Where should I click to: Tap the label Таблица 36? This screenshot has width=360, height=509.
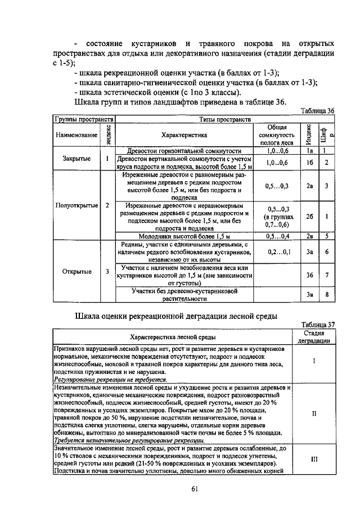tap(317, 111)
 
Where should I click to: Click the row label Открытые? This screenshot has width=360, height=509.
tap(77, 272)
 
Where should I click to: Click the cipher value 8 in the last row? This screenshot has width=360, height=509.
tap(327, 294)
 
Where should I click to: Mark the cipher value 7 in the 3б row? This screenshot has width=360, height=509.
tap(327, 275)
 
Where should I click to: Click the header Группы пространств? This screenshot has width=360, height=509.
tap(84, 120)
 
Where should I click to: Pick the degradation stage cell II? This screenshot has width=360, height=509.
tap(314, 413)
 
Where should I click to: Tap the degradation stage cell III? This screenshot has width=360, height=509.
tap(314, 458)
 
